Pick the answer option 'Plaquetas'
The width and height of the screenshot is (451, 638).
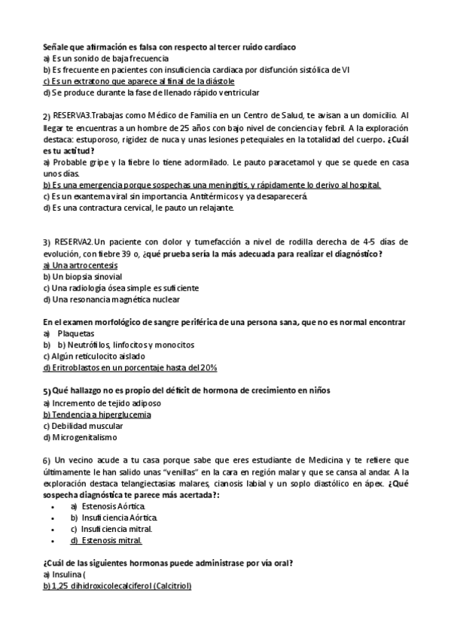click(75, 333)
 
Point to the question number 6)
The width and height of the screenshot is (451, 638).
click(47, 460)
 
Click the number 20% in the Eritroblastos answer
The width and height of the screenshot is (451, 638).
click(208, 367)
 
